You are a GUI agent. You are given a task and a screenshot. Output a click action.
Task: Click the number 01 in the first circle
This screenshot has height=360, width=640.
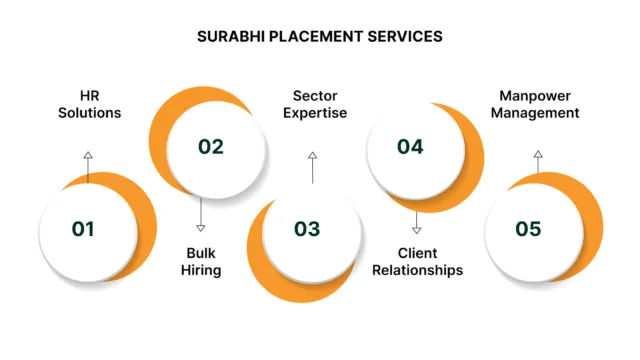tap(83, 229)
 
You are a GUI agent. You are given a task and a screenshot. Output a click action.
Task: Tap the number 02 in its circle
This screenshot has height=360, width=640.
tap(210, 147)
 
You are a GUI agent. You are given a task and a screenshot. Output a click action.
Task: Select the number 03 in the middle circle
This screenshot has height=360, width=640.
tap(307, 229)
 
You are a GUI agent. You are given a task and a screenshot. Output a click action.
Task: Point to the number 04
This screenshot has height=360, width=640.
tap(410, 147)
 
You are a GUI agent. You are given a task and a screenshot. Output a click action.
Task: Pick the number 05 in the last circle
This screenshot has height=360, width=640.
tap(528, 229)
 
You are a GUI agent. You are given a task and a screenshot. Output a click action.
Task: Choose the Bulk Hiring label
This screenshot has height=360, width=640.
tap(203, 261)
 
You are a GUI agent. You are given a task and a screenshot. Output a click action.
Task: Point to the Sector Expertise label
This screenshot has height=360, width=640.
tap(314, 104)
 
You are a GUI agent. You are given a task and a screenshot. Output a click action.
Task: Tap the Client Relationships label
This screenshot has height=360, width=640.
tap(417, 261)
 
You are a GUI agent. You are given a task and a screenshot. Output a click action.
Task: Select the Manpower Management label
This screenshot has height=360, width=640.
tap(538, 104)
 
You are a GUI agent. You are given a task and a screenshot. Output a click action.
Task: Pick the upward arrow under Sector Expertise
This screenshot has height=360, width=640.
tap(312, 167)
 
